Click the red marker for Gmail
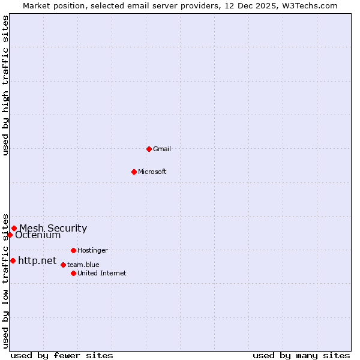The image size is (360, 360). pyautogui.click(x=149, y=149)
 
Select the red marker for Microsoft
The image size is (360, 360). pyautogui.click(x=134, y=172)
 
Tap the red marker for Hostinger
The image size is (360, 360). pyautogui.click(x=73, y=250)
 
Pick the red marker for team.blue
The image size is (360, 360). pyautogui.click(x=63, y=265)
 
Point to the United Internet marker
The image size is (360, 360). pyautogui.click(x=73, y=273)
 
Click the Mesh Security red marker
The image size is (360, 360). pyautogui.click(x=14, y=228)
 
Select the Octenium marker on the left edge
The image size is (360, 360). pyautogui.click(x=10, y=235)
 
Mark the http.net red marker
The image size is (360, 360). pyautogui.click(x=13, y=260)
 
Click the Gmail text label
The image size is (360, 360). pyautogui.click(x=162, y=149)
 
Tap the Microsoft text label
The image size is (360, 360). pyautogui.click(x=152, y=172)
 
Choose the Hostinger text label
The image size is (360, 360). pyautogui.click(x=92, y=250)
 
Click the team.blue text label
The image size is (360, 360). pyautogui.click(x=83, y=265)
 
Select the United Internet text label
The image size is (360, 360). pyautogui.click(x=102, y=273)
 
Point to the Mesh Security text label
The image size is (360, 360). pyautogui.click(x=53, y=228)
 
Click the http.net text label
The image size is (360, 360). pyautogui.click(x=37, y=260)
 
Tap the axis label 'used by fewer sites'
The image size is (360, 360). pyautogui.click(x=62, y=355)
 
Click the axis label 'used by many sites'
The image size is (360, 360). pyautogui.click(x=301, y=355)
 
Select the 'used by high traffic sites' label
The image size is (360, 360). pyautogui.click(x=5, y=85)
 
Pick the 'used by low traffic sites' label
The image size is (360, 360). pyautogui.click(x=5, y=280)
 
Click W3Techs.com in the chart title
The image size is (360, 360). pyautogui.click(x=310, y=5)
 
